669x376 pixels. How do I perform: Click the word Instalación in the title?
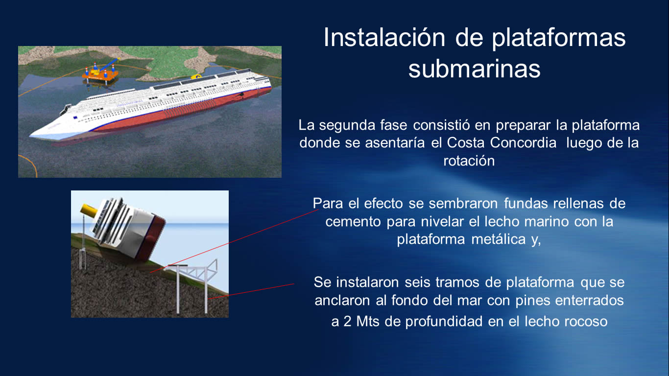pyautogui.click(x=384, y=38)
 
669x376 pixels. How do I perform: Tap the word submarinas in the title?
pyautogui.click(x=474, y=69)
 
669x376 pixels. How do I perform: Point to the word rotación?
pyautogui.click(x=469, y=161)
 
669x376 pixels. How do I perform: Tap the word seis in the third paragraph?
pyautogui.click(x=414, y=282)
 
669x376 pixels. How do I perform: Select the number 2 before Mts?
pyautogui.click(x=347, y=321)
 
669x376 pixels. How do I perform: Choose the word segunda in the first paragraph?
pyautogui.click(x=347, y=125)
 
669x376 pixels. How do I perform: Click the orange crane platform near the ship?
pyautogui.click(x=100, y=73)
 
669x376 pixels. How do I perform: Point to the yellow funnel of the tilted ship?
pyautogui.click(x=90, y=210)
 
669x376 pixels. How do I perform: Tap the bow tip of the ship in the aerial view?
pyautogui.click(x=30, y=136)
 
